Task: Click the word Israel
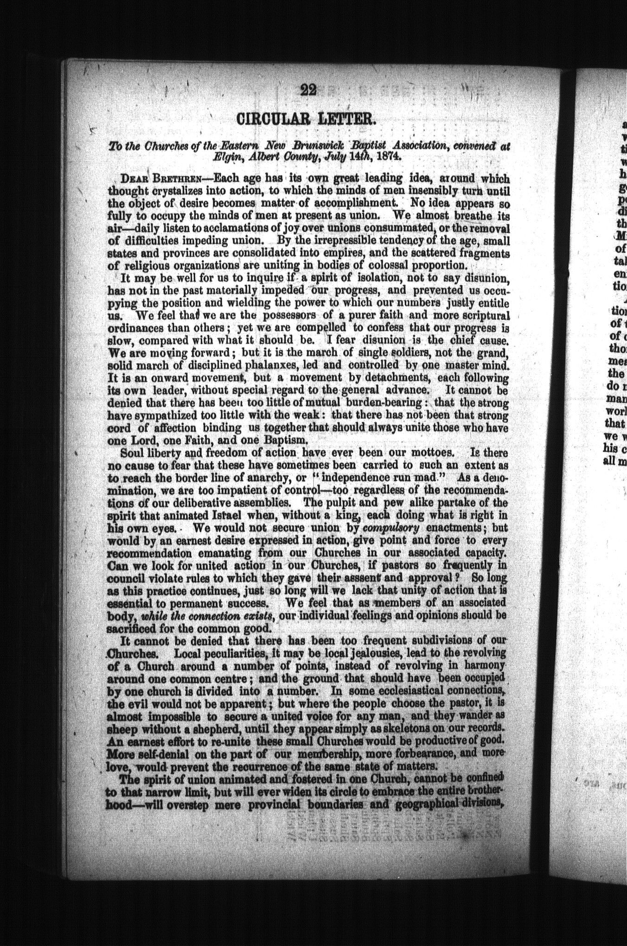(216, 515)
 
